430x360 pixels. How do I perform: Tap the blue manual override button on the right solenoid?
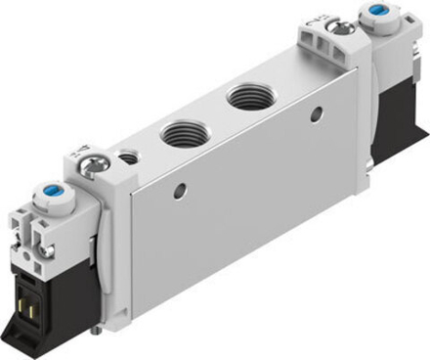point(378,13)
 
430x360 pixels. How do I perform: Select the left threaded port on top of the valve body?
point(180,133)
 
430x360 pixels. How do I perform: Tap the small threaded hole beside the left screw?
point(126,156)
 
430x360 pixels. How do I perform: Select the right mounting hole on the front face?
point(316,113)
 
